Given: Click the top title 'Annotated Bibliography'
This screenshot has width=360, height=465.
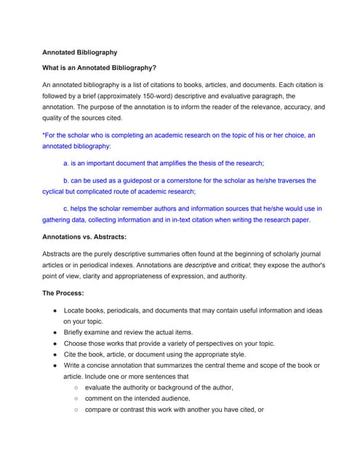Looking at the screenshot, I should point(79,52).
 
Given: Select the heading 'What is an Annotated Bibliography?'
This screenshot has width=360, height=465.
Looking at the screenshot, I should point(99,68).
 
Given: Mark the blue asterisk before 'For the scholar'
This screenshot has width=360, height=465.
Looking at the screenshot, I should point(44,135).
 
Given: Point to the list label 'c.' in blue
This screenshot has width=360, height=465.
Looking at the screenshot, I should point(67,209).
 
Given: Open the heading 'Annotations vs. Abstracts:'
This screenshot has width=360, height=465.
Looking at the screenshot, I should point(84,237).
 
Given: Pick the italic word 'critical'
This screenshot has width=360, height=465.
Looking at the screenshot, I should point(219,265).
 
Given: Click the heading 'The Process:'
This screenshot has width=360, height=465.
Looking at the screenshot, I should point(63,293).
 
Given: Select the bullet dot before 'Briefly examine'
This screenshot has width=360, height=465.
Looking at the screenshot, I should point(55,332).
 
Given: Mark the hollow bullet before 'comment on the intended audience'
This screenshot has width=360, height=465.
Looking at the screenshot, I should point(76,398).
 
